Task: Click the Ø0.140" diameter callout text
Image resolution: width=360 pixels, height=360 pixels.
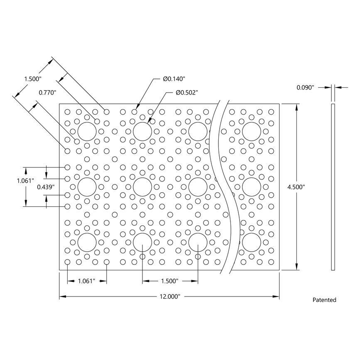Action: point(174,78)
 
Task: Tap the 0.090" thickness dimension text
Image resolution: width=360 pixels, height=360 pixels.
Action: point(306,87)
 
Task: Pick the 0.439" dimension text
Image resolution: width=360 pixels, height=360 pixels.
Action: point(46,187)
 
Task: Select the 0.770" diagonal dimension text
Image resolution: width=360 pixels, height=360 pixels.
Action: point(47,93)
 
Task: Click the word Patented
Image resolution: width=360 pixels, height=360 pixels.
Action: point(324,300)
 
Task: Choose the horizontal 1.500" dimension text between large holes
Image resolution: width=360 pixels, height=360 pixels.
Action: point(170,281)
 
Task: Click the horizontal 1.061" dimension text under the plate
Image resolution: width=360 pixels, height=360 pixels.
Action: point(87,281)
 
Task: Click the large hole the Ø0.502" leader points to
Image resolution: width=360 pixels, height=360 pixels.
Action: point(142,131)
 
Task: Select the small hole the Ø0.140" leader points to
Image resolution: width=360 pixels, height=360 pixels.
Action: point(135,112)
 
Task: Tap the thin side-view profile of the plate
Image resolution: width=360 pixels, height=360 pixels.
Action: point(333,187)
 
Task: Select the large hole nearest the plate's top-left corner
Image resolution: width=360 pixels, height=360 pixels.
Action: point(87,131)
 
